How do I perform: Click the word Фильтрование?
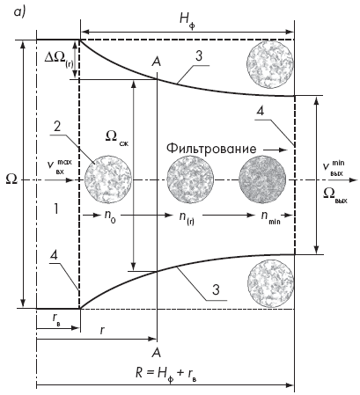211,149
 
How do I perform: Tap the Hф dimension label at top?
187,20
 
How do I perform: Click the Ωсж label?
116,137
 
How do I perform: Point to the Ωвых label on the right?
334,195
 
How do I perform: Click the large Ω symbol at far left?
11,179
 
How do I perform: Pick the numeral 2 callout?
57,127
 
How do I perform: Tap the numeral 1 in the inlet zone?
55,209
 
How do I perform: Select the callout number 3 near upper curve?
199,55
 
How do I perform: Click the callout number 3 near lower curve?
216,289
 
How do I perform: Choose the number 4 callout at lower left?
54,255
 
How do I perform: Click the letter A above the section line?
157,62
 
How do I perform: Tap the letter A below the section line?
157,353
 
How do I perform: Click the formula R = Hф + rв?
166,374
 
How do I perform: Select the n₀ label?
110,217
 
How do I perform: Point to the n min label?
270,217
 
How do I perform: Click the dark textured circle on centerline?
262,179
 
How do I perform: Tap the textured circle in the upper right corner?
270,64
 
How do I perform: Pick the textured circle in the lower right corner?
270,282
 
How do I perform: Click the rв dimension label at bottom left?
57,319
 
